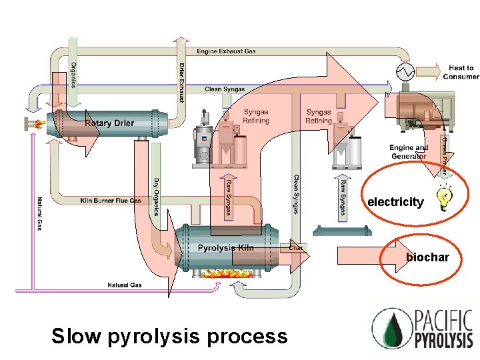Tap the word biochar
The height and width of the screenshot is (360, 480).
pos(427,257)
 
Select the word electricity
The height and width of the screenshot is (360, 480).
pos(395,202)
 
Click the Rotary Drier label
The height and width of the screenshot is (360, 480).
pos(109,123)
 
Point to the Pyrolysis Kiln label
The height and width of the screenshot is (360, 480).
pos(226,248)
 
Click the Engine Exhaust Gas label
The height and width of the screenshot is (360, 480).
pos(226,51)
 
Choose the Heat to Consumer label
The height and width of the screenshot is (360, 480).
pos(461,72)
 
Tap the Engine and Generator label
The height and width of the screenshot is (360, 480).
pos(409,151)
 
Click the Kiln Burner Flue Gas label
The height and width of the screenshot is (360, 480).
pos(111,200)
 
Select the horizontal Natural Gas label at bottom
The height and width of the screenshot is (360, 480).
pos(125,285)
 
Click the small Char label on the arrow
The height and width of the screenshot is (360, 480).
pos(296,248)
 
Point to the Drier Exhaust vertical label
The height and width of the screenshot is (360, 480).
pos(181,82)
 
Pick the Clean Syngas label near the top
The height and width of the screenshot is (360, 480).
pos(225,89)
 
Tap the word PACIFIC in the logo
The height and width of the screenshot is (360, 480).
pos(443,321)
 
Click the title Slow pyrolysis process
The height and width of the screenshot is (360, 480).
pos(169,336)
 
